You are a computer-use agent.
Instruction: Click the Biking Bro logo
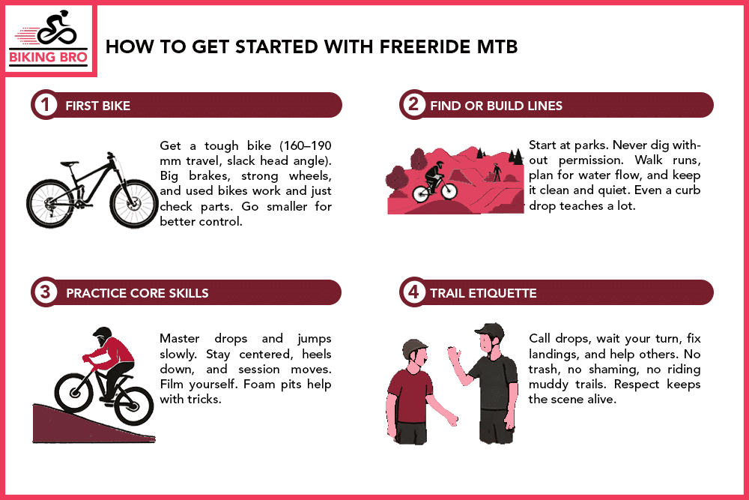[x=50, y=40]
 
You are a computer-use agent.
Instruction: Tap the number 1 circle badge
[x=45, y=106]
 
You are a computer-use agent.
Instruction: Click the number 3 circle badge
[x=45, y=292]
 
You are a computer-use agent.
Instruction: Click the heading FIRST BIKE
[x=97, y=106]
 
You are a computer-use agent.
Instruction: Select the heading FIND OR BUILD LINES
[x=496, y=106]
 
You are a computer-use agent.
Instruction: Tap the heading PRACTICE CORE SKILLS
[x=137, y=292]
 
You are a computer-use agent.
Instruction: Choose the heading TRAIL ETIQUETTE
[x=483, y=292]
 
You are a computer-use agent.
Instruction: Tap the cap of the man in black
[x=487, y=330]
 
